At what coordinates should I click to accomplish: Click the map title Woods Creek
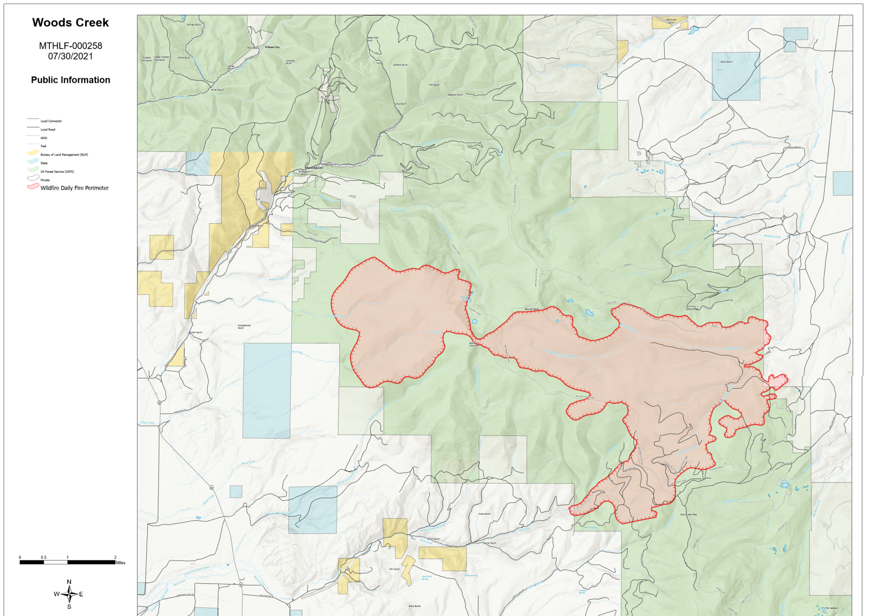(70, 23)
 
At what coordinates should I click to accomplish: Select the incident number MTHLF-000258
(70, 46)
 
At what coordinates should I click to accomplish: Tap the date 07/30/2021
(70, 56)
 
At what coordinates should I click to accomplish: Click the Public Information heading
(70, 80)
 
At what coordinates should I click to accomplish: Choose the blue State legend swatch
(33, 162)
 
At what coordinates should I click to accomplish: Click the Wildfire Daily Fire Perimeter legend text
(74, 188)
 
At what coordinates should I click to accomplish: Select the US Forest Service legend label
(57, 172)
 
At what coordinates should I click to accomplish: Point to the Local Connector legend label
(51, 121)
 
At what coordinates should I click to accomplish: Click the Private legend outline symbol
(33, 178)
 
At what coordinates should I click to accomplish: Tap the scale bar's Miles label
(120, 563)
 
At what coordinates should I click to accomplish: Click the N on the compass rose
(69, 582)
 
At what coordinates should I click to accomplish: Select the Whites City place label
(272, 47)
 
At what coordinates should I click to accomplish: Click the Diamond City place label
(314, 168)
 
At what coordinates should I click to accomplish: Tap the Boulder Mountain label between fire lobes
(474, 344)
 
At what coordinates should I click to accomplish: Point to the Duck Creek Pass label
(689, 515)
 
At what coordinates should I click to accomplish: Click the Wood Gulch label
(484, 514)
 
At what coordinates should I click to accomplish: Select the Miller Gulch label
(394, 569)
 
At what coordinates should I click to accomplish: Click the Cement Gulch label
(400, 65)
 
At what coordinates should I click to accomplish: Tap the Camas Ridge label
(692, 309)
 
